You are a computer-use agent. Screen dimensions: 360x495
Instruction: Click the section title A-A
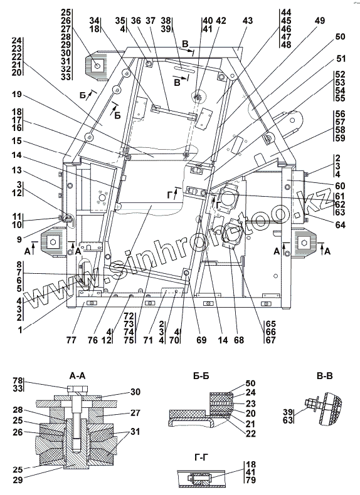click(77, 376)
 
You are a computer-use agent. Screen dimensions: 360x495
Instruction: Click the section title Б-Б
click(201, 376)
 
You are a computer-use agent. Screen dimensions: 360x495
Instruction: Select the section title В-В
click(324, 376)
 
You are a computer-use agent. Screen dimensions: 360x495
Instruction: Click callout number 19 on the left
click(17, 94)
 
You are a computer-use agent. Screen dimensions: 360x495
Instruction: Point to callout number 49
click(320, 21)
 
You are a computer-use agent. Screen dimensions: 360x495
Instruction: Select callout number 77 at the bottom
click(71, 340)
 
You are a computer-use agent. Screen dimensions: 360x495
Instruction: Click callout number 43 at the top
click(248, 21)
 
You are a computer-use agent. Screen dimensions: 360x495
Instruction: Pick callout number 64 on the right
click(340, 224)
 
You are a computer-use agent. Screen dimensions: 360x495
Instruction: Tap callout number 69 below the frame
click(201, 340)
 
